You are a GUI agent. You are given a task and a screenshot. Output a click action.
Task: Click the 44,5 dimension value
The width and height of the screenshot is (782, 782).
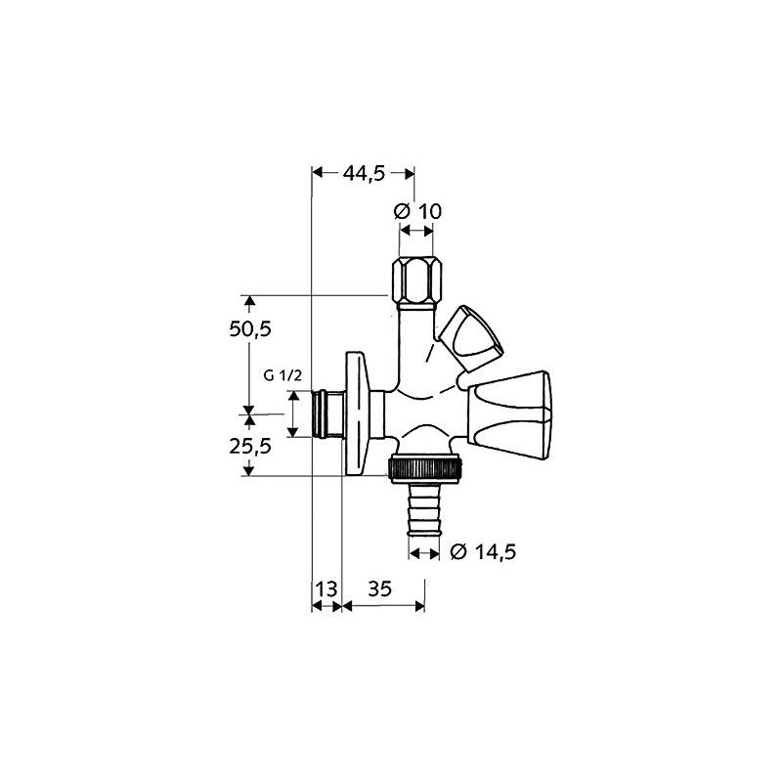[x=364, y=173]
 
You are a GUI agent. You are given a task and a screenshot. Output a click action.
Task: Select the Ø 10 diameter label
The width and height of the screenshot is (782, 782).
[x=417, y=211]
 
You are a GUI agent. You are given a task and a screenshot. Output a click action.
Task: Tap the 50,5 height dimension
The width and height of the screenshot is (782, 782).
[x=249, y=329]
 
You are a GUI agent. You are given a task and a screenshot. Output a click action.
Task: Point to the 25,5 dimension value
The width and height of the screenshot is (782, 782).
[x=249, y=446]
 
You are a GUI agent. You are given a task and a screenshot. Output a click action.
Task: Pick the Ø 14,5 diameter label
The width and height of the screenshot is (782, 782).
[x=483, y=553]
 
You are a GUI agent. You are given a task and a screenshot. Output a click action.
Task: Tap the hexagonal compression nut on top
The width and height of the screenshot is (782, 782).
[x=416, y=281]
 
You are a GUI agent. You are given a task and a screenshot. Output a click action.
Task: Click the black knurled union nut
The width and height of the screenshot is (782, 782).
[x=429, y=470]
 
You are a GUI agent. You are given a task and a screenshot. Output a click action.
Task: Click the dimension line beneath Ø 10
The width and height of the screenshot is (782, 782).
[x=416, y=232]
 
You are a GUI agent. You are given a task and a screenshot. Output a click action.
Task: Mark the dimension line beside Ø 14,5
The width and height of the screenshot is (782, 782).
[x=424, y=553]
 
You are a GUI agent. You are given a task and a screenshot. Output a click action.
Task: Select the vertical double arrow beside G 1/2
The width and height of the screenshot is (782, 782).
[x=291, y=414]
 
